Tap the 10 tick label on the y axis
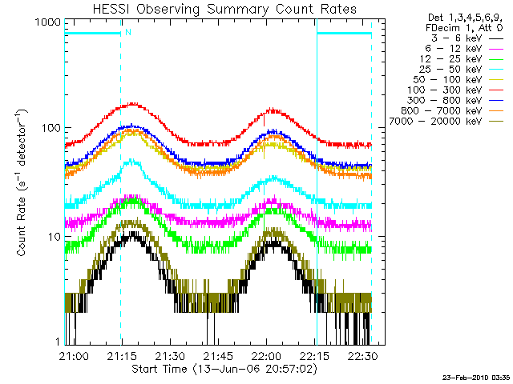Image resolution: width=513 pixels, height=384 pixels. point(54,238)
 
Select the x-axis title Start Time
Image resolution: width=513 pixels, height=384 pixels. point(216,369)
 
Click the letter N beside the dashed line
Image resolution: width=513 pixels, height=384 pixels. point(127,32)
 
